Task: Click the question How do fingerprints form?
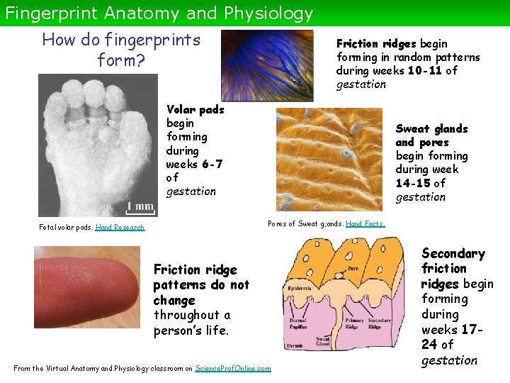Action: coord(121,50)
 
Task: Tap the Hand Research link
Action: coord(120,227)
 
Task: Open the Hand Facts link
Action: coord(365,223)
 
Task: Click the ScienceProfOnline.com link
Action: coord(232,368)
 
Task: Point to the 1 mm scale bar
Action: coord(140,206)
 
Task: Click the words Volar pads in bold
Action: coord(195,109)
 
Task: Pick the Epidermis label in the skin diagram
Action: coord(300,290)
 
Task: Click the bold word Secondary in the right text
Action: coord(453,253)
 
